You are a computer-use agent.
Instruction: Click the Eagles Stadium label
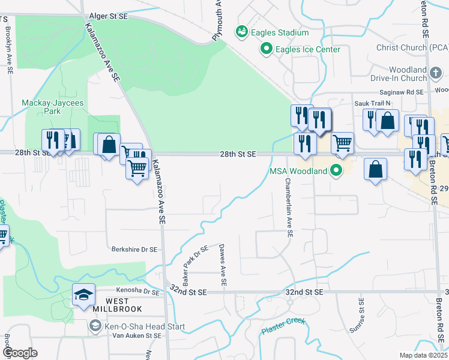(x=280, y=32)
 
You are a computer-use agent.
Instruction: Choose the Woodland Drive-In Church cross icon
(x=436, y=74)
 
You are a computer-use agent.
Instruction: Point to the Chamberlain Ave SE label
(x=288, y=203)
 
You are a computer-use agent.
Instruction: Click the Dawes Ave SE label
(x=223, y=265)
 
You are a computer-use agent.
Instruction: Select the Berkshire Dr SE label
(x=134, y=249)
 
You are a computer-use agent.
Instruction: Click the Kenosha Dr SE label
(x=139, y=292)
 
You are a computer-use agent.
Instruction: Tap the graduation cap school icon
(x=83, y=293)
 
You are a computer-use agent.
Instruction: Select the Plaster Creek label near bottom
(x=284, y=326)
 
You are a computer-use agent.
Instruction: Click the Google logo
(x=19, y=353)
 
